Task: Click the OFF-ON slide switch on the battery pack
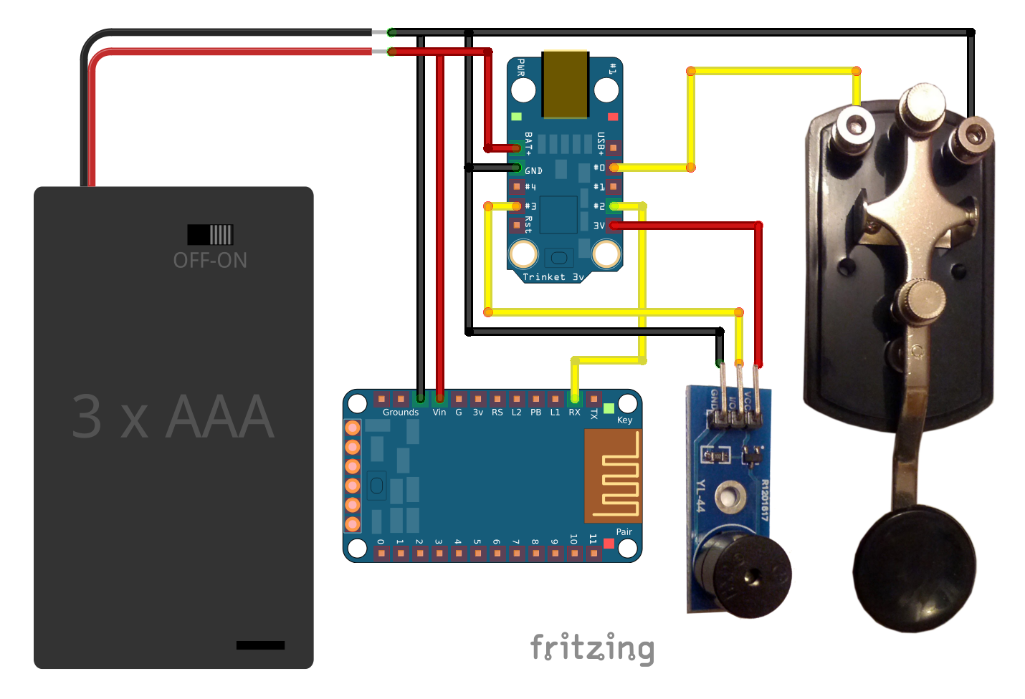pyautogui.click(x=210, y=234)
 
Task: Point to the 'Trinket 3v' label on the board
pyautogui.click(x=553, y=277)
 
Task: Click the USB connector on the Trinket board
pyautogui.click(x=566, y=85)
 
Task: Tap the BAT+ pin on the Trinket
pyautogui.click(x=517, y=148)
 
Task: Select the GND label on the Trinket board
pyautogui.click(x=534, y=170)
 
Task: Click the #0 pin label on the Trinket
pyautogui.click(x=599, y=168)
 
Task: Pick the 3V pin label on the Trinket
pyautogui.click(x=599, y=226)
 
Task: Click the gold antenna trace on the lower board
pyautogui.click(x=613, y=476)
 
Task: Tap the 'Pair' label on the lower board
pyautogui.click(x=624, y=532)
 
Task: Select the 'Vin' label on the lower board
pyautogui.click(x=439, y=413)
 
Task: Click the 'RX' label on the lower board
pyautogui.click(x=574, y=413)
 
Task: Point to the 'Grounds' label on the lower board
pyautogui.click(x=401, y=413)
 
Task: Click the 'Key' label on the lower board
pyautogui.click(x=624, y=420)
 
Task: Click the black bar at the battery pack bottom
pyautogui.click(x=260, y=645)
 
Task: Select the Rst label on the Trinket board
pyautogui.click(x=528, y=224)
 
